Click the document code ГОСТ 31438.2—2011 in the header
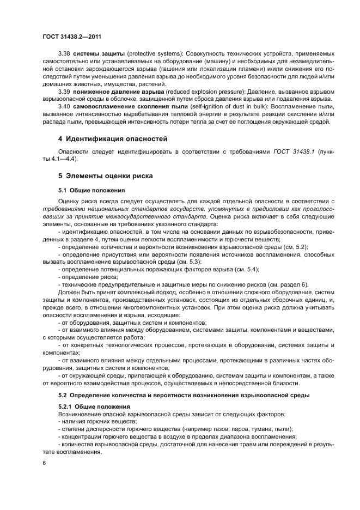point(71,37)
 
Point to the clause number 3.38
point(64,55)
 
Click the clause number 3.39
point(64,92)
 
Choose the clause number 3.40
point(64,106)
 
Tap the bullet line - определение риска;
point(84,277)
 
